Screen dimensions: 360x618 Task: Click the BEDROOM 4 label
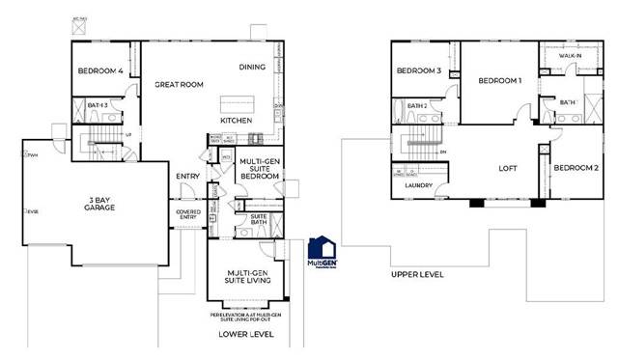coord(100,69)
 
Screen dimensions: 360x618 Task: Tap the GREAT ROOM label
coord(179,85)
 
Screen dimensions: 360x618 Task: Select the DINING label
coord(254,67)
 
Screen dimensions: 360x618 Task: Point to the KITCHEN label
coord(237,120)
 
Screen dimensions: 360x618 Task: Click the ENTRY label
coord(187,176)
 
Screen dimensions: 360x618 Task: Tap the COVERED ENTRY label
coord(187,214)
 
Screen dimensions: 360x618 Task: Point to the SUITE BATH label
coord(259,221)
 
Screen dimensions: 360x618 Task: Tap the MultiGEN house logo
coord(322,253)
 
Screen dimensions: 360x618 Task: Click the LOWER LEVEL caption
coord(244,333)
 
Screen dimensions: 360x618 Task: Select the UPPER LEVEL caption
coord(417,274)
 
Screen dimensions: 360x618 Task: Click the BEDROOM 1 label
coord(498,81)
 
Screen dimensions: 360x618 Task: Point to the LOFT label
coord(508,167)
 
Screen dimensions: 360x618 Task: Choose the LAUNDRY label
coord(418,184)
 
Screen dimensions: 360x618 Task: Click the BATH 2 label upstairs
coord(417,105)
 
